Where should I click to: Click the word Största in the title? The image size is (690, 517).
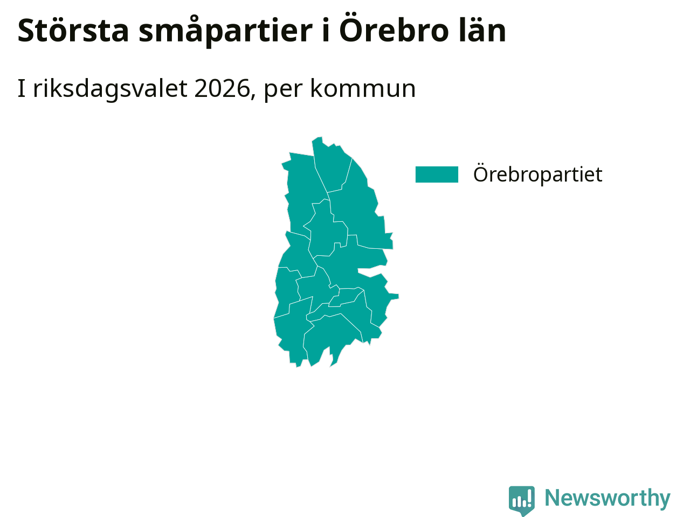coord(73,31)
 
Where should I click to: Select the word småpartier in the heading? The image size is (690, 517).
coord(225,31)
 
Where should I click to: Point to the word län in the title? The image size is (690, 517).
coord(482,30)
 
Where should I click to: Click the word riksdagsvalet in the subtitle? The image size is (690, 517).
coord(111,89)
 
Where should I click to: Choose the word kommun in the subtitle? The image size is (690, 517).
coord(363,89)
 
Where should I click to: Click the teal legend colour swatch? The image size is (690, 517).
coord(437,174)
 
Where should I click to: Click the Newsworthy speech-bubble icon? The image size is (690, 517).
coord(521,500)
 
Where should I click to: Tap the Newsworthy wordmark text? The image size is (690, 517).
coord(608,498)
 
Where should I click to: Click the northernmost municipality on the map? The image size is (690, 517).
coord(330,166)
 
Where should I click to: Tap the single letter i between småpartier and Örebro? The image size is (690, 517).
coord(326,31)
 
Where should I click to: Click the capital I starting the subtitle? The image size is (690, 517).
coord(22,88)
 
